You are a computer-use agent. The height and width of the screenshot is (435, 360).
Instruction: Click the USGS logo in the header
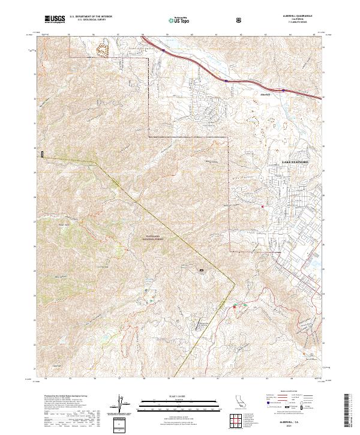click(55, 20)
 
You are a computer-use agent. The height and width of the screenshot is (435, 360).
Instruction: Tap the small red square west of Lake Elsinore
click(262, 208)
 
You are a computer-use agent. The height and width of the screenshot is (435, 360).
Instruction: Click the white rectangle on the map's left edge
click(42, 155)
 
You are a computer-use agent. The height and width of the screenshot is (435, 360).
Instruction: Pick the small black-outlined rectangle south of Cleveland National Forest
click(202, 270)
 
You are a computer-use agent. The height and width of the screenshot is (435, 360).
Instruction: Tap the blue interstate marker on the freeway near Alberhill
click(226, 80)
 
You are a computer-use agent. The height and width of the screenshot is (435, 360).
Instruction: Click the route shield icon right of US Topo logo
click(240, 20)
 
